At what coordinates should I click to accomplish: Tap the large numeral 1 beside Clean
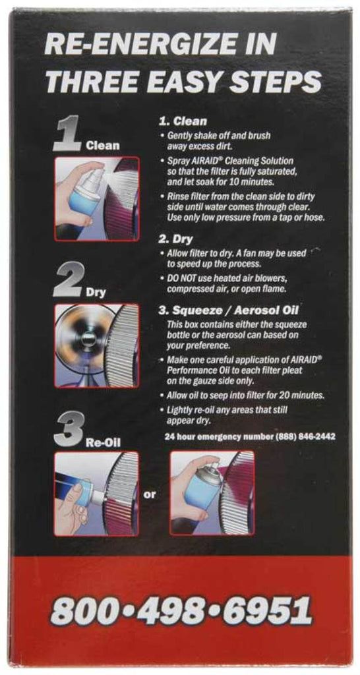pos(68,134)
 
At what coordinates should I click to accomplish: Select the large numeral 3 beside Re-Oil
pos(69,428)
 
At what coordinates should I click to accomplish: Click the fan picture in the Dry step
pos(97,345)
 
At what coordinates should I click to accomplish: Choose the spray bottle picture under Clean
pos(97,198)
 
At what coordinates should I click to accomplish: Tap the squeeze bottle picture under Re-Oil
pos(97,493)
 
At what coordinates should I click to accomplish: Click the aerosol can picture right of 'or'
pos(212,493)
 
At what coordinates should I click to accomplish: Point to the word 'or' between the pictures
pos(150,493)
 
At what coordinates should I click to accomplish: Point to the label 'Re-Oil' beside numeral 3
pos(104,442)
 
